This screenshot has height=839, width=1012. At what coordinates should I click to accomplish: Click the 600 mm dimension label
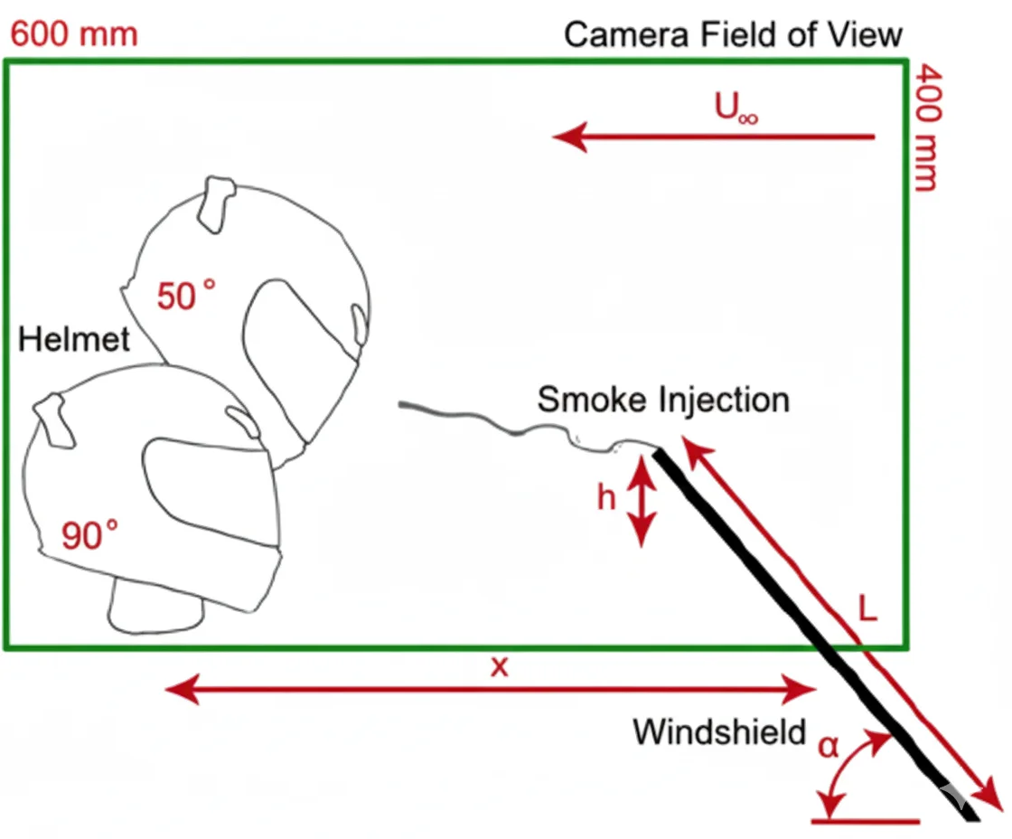(x=73, y=33)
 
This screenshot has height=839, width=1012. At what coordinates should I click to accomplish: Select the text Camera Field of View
(x=733, y=35)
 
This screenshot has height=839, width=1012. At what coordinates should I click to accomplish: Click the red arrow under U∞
(x=714, y=137)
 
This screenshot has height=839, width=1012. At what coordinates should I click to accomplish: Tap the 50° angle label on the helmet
(x=186, y=295)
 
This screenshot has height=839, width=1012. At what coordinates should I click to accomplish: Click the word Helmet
(x=74, y=340)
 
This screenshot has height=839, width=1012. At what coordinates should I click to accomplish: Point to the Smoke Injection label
(x=663, y=399)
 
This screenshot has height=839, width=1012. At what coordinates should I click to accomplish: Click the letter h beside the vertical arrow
(x=606, y=497)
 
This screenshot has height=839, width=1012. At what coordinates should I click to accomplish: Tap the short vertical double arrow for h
(x=641, y=501)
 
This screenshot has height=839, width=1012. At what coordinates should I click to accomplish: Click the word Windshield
(x=718, y=731)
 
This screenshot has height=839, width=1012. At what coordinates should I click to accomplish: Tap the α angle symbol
(x=828, y=746)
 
